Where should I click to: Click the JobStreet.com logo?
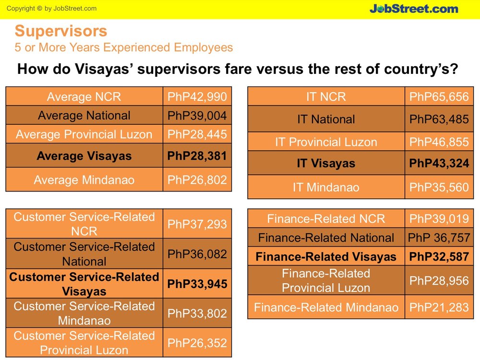pos(414,9)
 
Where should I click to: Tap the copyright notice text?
pos(51,9)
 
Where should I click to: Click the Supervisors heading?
pos(61,31)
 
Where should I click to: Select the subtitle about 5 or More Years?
pos(124,48)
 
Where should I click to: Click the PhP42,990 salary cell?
pos(197,97)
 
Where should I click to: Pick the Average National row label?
pos(84,115)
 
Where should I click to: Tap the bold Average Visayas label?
pos(84,156)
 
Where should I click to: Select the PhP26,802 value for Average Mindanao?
pos(197,180)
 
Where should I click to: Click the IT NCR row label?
pos(326,97)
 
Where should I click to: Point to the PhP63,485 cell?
pos(439,119)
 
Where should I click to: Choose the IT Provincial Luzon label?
pos(326,142)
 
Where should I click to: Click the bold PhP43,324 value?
pos(439,163)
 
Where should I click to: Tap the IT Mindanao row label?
pos(326,187)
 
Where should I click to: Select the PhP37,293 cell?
pos(197,224)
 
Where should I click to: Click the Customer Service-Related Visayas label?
pos(84,284)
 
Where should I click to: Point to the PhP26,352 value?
pos(197,343)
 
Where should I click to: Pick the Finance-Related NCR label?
pos(326,218)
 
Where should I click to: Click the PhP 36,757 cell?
pos(439,238)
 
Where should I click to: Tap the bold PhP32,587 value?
pos(439,256)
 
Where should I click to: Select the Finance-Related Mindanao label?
pos(326,307)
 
